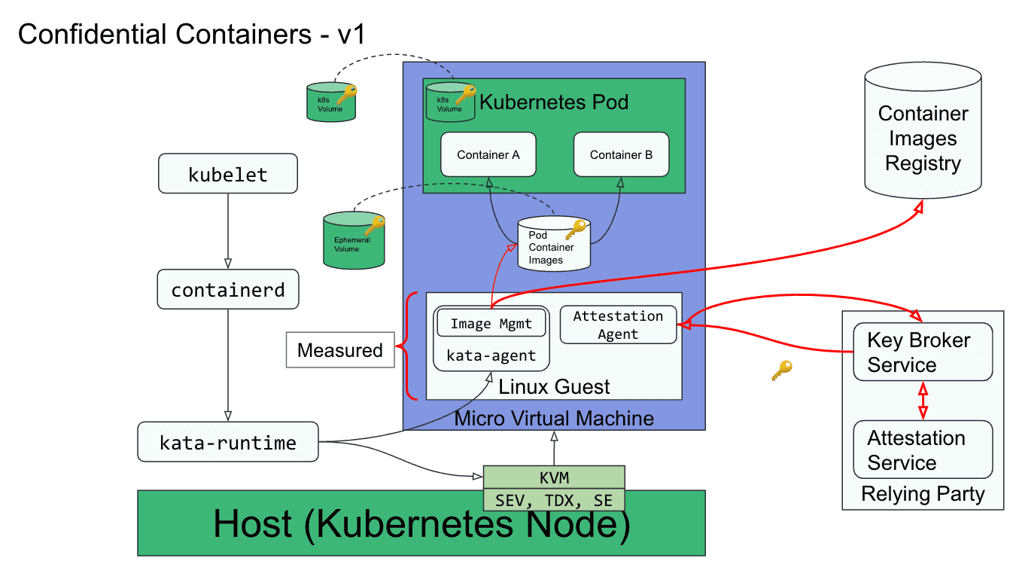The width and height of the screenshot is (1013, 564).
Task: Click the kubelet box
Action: click(x=228, y=173)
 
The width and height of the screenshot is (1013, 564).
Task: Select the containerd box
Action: click(x=228, y=289)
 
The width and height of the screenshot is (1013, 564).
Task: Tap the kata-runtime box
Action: click(x=228, y=442)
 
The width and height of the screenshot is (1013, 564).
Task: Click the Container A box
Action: click(x=488, y=154)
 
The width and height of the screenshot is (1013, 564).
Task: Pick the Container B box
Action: click(x=621, y=154)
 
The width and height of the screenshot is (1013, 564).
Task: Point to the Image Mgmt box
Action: click(x=491, y=323)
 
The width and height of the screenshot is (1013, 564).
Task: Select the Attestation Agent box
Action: click(x=618, y=325)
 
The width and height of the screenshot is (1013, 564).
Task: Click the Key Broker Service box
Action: click(x=923, y=352)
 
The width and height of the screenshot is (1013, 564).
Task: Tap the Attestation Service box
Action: click(x=923, y=450)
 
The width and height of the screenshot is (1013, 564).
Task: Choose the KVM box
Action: click(x=554, y=477)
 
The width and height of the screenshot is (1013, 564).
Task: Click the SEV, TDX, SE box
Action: click(x=554, y=500)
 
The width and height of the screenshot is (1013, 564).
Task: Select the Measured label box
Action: click(x=340, y=350)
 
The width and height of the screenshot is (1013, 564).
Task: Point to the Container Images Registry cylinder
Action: click(x=923, y=130)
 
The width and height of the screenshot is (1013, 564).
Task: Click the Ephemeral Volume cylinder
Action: click(x=354, y=240)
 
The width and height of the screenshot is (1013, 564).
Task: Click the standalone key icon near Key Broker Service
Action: click(x=782, y=370)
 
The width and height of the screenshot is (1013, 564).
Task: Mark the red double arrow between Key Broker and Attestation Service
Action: click(x=923, y=401)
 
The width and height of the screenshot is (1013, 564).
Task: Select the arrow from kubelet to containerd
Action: click(x=228, y=231)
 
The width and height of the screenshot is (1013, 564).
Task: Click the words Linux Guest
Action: click(x=554, y=387)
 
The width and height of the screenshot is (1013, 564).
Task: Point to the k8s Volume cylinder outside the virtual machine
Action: click(x=331, y=102)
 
